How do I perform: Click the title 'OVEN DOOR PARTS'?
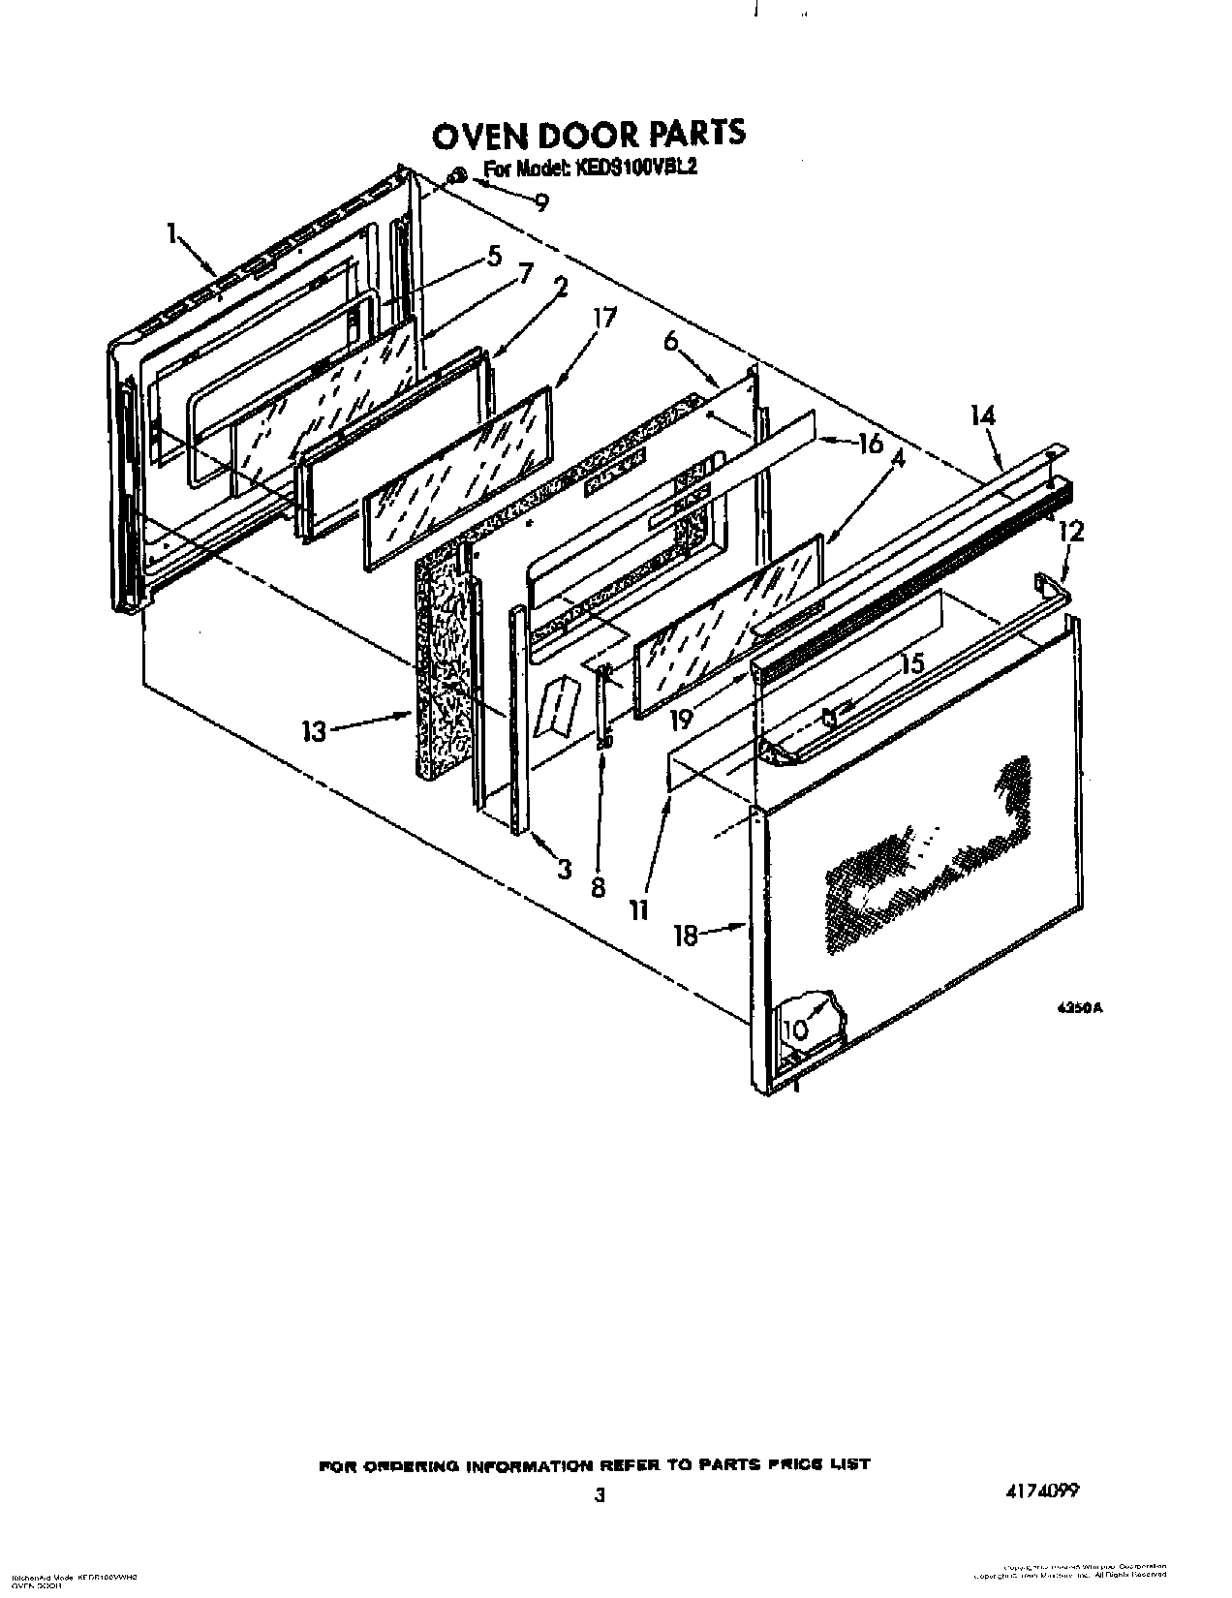588,135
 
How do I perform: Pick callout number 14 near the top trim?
981,415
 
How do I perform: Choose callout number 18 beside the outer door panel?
686,936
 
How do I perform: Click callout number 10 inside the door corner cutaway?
795,1030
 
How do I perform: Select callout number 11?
636,908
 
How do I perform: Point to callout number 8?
598,886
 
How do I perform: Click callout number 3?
565,869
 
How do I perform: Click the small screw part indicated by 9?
459,175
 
